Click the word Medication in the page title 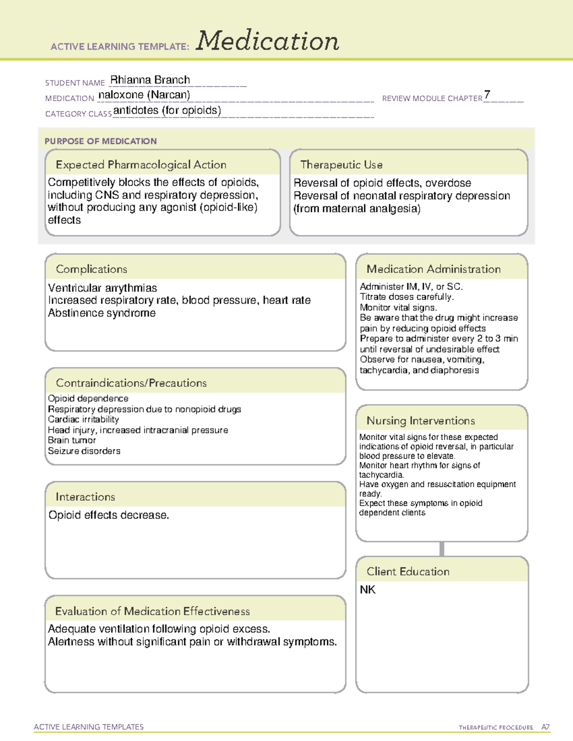tap(267, 41)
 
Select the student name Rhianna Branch tap(150, 80)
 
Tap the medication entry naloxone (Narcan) tap(144, 95)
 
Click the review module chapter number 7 tap(487, 95)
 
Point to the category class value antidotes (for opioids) tap(167, 111)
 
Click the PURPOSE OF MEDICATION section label tap(101, 141)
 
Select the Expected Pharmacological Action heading tap(141, 165)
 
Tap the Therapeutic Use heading tap(341, 165)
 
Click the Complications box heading tap(92, 269)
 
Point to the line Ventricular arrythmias tap(103, 288)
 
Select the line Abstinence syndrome tap(102, 313)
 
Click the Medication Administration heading tap(433, 269)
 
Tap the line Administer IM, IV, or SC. tap(411, 287)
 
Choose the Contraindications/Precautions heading tap(131, 383)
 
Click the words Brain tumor tap(72, 440)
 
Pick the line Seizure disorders tap(84, 451)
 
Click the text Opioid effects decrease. tap(109, 515)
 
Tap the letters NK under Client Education tap(368, 590)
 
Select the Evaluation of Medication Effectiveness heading tap(152, 611)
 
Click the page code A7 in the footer tap(545, 727)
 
